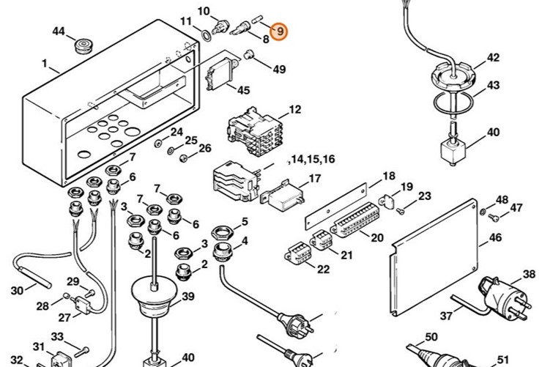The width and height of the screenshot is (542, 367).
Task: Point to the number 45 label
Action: (242, 90)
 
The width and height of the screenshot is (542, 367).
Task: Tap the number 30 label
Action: (18, 291)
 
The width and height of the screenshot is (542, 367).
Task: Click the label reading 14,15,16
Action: (313, 159)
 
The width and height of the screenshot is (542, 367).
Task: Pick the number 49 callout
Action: (280, 70)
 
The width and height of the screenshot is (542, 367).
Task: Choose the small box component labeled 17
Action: (281, 196)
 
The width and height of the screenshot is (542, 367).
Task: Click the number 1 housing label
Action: (45, 65)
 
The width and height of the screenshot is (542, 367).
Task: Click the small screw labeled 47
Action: (495, 217)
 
